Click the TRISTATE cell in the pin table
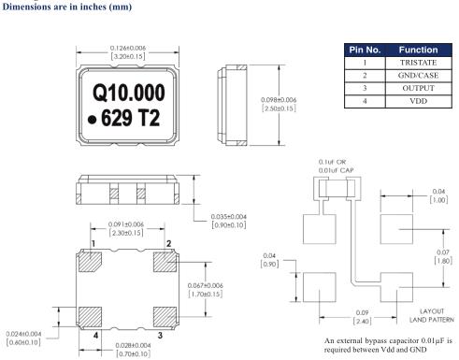click(x=418, y=63)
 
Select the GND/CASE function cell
click(x=418, y=76)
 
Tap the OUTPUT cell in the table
click(x=418, y=88)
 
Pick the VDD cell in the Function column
click(x=418, y=101)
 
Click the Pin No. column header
click(x=365, y=50)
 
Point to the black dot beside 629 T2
click(x=92, y=120)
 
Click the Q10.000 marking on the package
click(x=129, y=93)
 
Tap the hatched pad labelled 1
click(x=90, y=262)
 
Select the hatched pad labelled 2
click(x=165, y=262)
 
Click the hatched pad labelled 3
click(x=165, y=317)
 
